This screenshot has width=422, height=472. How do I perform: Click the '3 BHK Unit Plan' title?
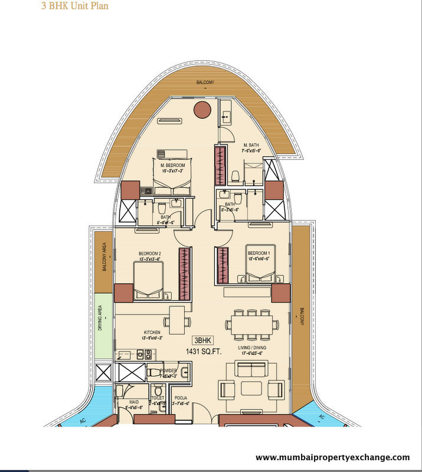click(74, 8)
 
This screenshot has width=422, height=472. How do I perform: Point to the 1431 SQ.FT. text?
click(199, 351)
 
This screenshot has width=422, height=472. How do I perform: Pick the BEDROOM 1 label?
click(259, 253)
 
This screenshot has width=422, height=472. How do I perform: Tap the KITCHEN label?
click(151, 333)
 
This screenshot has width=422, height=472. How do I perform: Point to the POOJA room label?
click(181, 399)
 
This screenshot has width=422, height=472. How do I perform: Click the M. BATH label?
click(251, 145)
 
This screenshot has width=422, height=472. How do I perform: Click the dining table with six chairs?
click(251, 323)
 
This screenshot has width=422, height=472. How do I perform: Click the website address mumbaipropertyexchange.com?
click(332, 457)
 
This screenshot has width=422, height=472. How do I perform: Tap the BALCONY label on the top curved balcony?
click(205, 83)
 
